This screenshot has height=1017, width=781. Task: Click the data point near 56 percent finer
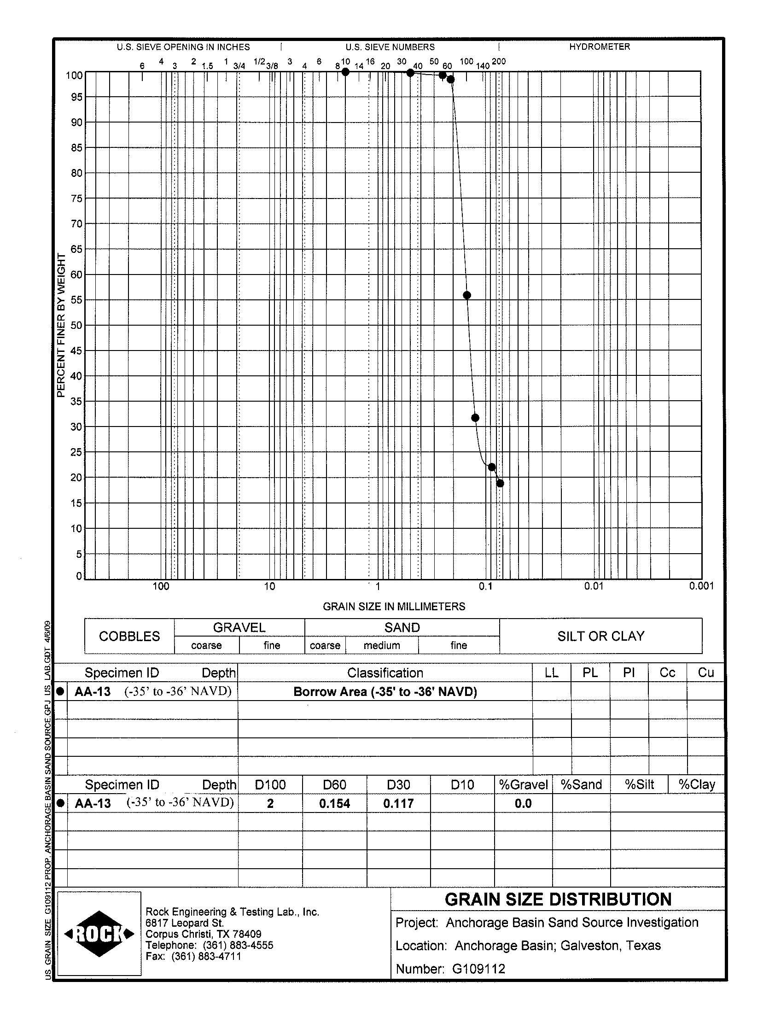[467, 295]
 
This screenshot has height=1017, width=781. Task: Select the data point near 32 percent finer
[475, 418]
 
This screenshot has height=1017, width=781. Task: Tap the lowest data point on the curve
[500, 484]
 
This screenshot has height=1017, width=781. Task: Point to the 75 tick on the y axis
[76, 199]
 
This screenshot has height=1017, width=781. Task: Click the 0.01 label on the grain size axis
[594, 586]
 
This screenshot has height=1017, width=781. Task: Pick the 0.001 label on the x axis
[701, 586]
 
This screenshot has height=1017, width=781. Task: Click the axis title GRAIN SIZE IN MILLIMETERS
[394, 607]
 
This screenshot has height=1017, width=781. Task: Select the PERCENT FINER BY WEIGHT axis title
[61, 326]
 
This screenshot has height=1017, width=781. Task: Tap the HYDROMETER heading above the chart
[599, 47]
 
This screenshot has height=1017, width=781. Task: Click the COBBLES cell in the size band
[129, 636]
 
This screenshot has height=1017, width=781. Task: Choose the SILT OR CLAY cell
[600, 636]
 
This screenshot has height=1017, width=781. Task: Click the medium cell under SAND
[382, 645]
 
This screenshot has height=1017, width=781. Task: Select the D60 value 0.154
[334, 804]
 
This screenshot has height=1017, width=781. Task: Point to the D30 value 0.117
[398, 804]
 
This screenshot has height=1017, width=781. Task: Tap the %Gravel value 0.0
[523, 804]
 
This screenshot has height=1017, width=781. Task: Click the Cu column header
[705, 672]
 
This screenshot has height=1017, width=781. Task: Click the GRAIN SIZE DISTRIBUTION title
[558, 900]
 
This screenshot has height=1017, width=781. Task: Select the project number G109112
[478, 969]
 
